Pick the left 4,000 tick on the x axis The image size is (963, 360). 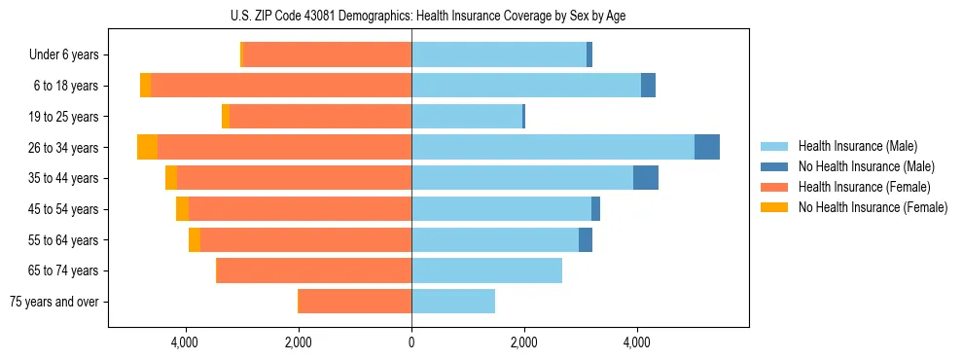(185, 342)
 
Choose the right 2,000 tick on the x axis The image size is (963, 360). (524, 342)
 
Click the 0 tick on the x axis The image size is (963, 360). (411, 342)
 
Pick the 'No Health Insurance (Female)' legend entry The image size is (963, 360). (872, 207)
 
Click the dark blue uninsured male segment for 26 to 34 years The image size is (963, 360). (707, 147)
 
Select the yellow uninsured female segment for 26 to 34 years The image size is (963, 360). (147, 147)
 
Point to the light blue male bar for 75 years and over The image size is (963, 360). (453, 302)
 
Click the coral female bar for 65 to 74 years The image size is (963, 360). (313, 270)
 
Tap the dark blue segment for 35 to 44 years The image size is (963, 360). (646, 178)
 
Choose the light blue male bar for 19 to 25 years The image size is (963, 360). (467, 116)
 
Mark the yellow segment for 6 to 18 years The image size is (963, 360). (145, 86)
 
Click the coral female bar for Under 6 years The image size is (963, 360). (327, 54)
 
